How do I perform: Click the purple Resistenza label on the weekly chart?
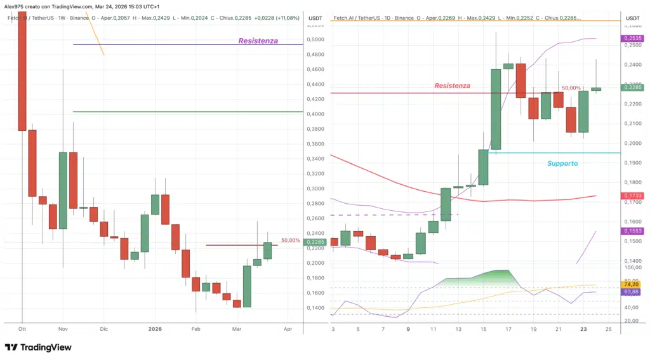tap(258, 41)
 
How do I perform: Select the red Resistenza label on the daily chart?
tap(452, 86)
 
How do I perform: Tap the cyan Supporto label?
tap(562, 163)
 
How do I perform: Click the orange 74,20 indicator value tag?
tap(632, 285)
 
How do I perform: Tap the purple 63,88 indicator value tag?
tap(632, 292)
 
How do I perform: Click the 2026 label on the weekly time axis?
tap(156, 330)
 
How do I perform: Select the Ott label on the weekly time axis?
tap(22, 330)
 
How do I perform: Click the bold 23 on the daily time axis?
tap(584, 330)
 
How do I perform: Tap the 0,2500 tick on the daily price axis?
tap(632, 45)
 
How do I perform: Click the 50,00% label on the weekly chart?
tap(291, 241)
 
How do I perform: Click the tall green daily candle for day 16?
tap(496, 109)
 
